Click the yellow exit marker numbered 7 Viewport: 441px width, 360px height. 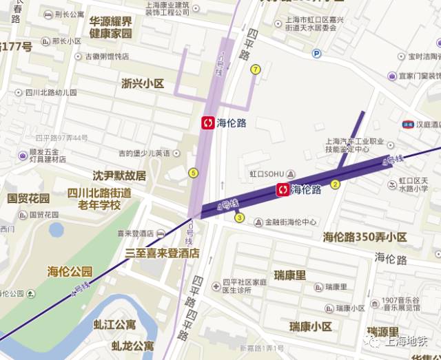(x=256, y=69)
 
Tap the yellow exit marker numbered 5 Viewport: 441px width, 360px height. (x=193, y=173)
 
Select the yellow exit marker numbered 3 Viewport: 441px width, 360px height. (x=240, y=218)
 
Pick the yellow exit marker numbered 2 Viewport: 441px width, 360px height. (x=336, y=184)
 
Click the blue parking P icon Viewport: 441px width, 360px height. (x=316, y=54)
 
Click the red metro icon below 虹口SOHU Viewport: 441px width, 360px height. (x=282, y=189)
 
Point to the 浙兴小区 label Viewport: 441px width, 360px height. (x=143, y=83)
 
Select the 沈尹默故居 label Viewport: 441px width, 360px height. (x=119, y=176)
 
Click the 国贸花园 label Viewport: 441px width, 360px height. (x=29, y=198)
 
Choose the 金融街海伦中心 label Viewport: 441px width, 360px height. (x=285, y=222)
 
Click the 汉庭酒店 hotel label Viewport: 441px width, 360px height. (x=427, y=125)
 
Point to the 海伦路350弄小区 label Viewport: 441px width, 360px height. (x=365, y=237)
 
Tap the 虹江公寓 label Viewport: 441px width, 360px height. (x=114, y=324)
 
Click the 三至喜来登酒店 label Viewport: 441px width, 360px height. (x=162, y=253)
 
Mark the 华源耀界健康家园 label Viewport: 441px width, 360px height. (x=110, y=26)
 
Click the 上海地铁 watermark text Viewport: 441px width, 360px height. (x=407, y=339)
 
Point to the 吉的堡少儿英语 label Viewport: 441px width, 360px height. (x=143, y=153)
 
